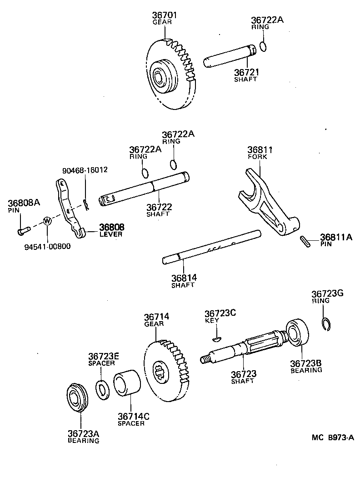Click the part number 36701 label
[x=165, y=15]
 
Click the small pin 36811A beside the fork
[x=305, y=242]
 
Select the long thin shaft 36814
[x=212, y=247]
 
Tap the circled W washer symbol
[x=47, y=221]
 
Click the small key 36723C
[x=217, y=338]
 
